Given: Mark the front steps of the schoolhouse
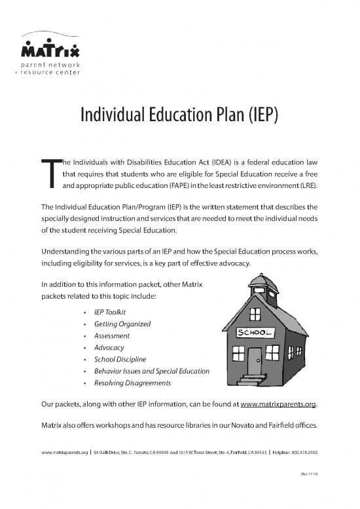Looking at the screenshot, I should [251, 379].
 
